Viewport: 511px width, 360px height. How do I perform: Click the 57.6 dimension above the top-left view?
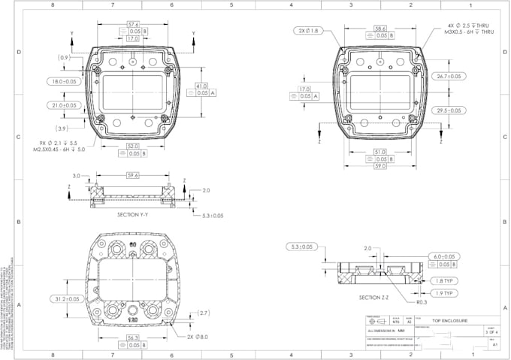[132, 25]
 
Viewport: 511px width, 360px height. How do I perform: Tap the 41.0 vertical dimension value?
[201, 86]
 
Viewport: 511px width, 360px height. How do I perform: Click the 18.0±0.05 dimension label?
[65, 81]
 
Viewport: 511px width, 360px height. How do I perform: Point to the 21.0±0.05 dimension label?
[65, 105]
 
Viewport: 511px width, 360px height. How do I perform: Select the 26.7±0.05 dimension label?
[449, 76]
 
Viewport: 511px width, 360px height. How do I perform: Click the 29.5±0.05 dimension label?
[449, 110]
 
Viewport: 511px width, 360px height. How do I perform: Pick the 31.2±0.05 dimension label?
[64, 299]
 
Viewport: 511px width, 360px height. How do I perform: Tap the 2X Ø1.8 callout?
[308, 31]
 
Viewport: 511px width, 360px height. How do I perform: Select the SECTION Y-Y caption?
[133, 215]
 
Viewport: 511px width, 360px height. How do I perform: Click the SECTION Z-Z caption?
[374, 298]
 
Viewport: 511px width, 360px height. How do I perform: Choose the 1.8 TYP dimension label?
[444, 280]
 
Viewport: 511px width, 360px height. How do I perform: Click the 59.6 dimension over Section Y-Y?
[133, 175]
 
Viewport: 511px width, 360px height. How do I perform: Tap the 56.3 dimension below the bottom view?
[133, 338]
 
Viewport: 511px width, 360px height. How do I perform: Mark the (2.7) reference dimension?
[203, 313]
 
